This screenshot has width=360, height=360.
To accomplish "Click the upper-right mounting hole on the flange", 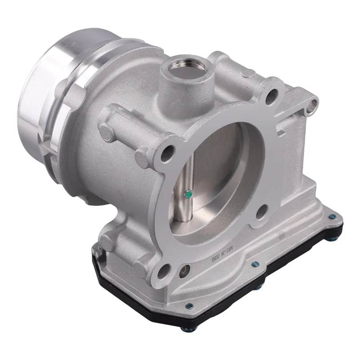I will (x=271, y=96).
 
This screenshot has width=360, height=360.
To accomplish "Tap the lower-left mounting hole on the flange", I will (x=166, y=270).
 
